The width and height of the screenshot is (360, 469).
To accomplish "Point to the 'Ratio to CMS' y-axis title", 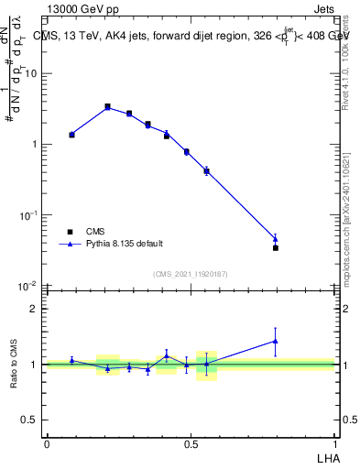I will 15,365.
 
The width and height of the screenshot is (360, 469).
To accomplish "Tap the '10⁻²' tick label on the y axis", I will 30,286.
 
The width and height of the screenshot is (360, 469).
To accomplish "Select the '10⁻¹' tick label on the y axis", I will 30,215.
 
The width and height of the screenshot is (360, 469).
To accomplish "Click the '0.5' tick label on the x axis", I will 191,443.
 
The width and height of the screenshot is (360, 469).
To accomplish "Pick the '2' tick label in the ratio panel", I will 37,309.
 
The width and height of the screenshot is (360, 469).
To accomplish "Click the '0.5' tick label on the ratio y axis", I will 32,420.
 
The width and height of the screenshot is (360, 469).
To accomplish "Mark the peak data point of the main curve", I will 108,107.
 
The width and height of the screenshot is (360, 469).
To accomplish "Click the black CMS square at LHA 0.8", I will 276,248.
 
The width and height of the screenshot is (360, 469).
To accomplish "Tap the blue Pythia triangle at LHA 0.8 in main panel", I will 276,239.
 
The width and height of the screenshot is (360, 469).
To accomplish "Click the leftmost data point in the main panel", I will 72,135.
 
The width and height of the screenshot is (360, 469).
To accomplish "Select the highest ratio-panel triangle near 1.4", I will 276,341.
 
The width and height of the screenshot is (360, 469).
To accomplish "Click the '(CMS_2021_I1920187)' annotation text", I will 190,274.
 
